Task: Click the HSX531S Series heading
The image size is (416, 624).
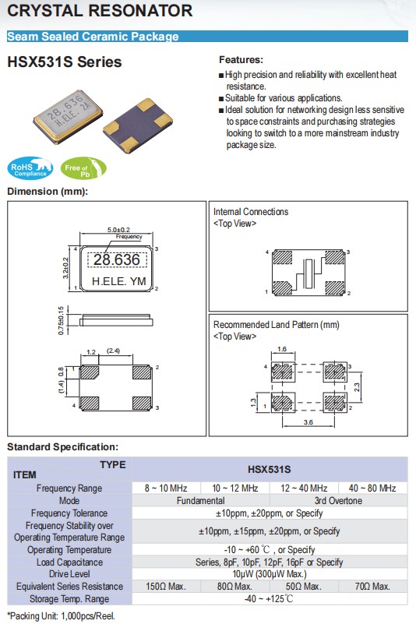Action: (x=64, y=61)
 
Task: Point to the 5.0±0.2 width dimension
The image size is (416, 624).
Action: (x=118, y=229)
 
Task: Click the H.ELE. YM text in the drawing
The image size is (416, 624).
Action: (x=118, y=281)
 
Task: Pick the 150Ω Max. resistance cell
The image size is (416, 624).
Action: (x=167, y=586)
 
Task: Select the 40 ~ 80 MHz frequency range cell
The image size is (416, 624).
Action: (x=372, y=488)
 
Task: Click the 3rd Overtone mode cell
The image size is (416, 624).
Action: (x=338, y=500)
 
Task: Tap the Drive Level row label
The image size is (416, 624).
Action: (x=69, y=574)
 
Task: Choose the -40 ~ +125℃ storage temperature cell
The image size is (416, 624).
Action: (x=270, y=598)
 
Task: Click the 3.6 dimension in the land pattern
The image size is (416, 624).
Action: (x=308, y=423)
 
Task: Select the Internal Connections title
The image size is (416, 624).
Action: (x=251, y=212)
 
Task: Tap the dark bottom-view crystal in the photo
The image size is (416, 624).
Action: (x=137, y=122)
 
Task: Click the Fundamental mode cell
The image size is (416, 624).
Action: (x=201, y=500)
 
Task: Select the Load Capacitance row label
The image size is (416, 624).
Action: (x=69, y=562)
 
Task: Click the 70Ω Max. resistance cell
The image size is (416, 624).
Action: (x=372, y=586)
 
